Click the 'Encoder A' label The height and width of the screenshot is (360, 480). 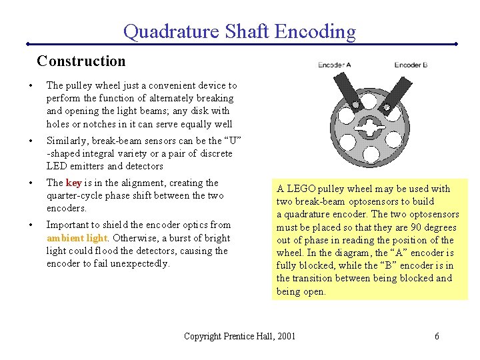click(x=335, y=65)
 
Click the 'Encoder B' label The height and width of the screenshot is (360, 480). click(x=411, y=65)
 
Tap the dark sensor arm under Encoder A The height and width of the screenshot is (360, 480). click(x=348, y=93)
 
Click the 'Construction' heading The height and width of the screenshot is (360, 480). click(x=81, y=61)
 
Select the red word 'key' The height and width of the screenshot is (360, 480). click(x=73, y=183)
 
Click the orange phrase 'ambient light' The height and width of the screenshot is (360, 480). click(x=77, y=238)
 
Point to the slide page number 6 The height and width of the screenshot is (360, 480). click(x=437, y=336)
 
